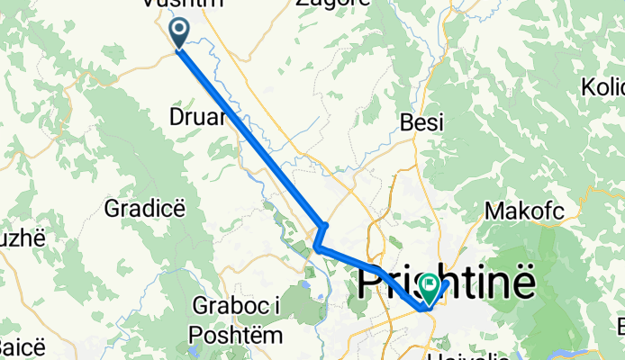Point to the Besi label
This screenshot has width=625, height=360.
422,123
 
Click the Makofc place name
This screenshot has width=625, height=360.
523,211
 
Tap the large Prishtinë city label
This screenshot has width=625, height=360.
448,282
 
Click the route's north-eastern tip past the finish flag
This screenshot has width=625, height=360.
446,283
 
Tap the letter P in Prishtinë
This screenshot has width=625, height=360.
371,283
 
